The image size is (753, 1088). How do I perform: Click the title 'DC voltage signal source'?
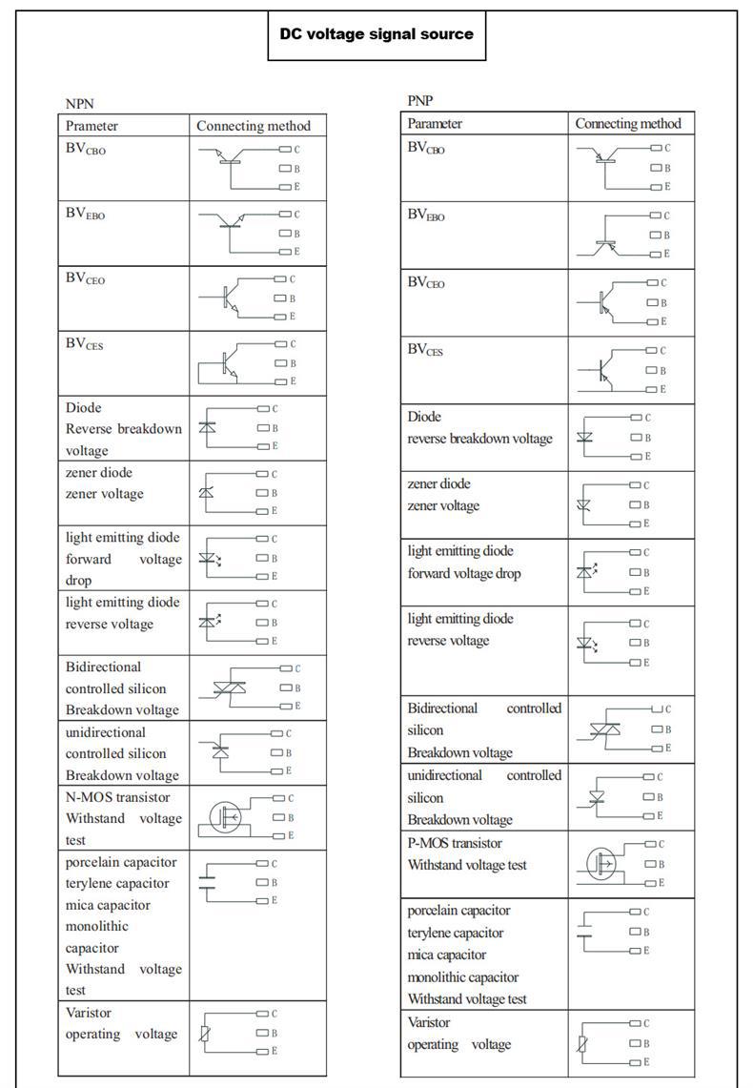376,34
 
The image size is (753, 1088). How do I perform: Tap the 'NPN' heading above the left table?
80,103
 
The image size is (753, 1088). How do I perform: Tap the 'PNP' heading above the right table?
420,100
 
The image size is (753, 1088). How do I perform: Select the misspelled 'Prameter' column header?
92,126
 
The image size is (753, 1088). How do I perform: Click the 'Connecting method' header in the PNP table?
628,123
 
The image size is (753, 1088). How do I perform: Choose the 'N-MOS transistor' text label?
117,797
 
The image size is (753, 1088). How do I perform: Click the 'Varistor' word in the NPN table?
89,1013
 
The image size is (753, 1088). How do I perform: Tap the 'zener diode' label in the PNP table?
439,483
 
